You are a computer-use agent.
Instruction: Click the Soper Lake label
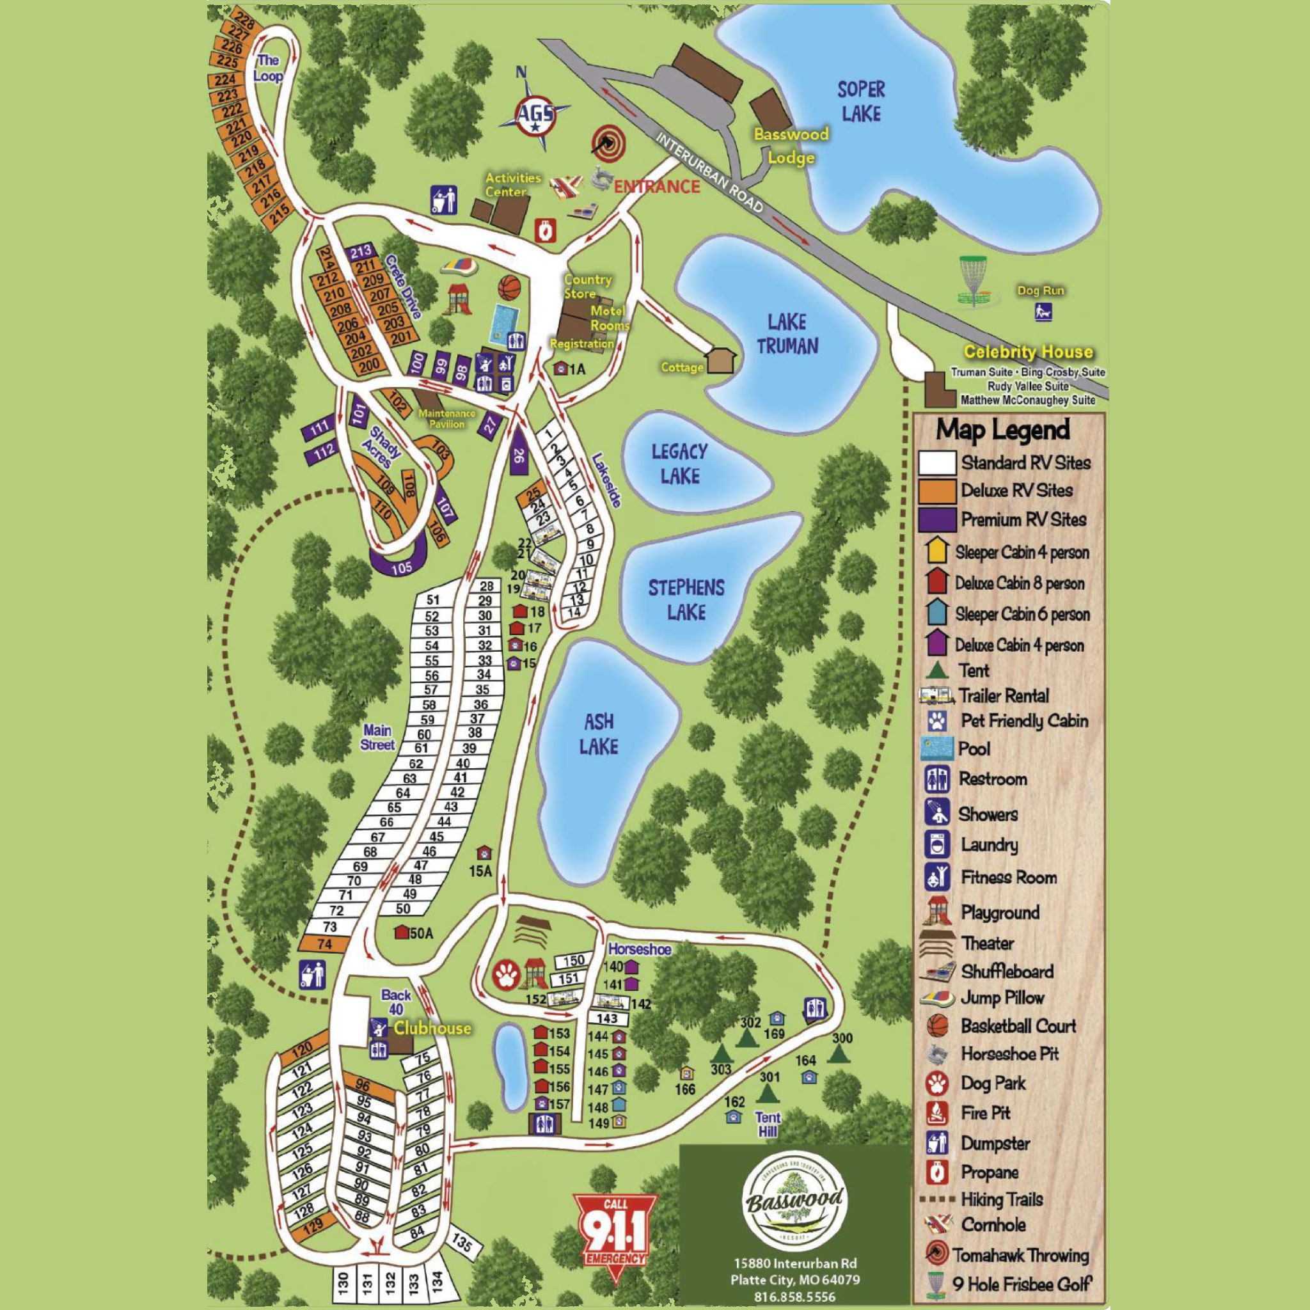860,102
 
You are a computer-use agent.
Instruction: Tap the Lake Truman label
787,334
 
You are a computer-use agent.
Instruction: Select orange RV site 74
324,944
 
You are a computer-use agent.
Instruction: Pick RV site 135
462,1243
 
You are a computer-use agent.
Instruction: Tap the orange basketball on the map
510,287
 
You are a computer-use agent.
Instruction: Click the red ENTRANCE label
656,187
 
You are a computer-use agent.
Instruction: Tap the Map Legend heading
1003,430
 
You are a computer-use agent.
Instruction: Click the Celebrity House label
1028,352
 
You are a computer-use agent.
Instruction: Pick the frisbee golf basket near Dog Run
974,281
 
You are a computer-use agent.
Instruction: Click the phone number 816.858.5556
794,1297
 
